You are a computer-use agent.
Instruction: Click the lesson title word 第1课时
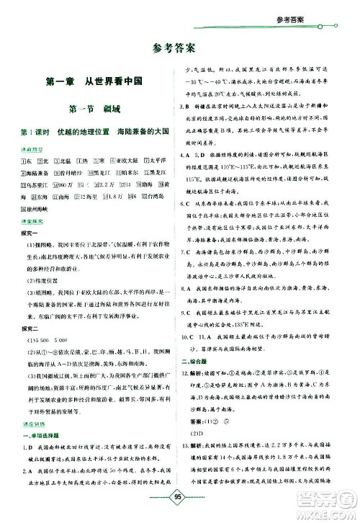point(34,133)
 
